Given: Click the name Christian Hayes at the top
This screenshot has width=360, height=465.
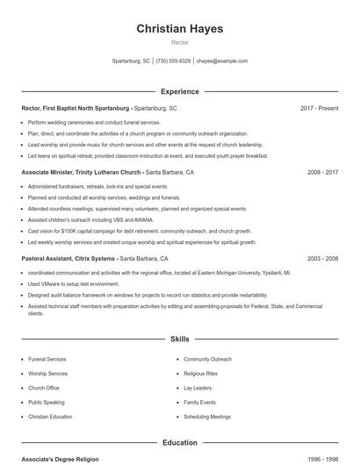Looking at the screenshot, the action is pos(179,29).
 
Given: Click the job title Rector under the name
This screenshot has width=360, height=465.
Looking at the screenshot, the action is pos(179,42).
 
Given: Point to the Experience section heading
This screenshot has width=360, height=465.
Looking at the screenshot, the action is pos(179,91).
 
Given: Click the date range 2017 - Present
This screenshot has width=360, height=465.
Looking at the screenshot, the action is pos(319,108).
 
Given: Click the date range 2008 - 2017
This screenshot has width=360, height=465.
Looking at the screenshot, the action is pos(322,173).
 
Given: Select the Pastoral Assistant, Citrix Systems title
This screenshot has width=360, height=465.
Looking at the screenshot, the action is pos(68,259).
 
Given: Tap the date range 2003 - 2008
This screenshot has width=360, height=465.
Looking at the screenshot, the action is pos(322,259).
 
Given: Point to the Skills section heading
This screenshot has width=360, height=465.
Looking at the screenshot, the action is pos(179,338).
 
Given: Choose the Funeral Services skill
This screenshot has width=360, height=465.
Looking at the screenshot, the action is pos(47,359).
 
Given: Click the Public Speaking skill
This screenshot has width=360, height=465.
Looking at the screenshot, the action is pos(47,402).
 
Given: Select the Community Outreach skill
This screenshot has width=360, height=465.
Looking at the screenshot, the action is pos(207,359).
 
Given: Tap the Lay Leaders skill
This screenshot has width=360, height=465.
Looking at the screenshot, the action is pos(198,388).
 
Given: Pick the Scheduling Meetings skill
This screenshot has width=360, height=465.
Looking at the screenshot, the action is pos(207,417).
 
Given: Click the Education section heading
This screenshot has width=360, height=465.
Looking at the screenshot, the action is pos(179,443).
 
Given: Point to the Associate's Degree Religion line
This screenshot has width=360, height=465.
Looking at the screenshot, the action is pos(61,459).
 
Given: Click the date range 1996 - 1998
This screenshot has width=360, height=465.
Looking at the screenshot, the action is pos(322,459).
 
